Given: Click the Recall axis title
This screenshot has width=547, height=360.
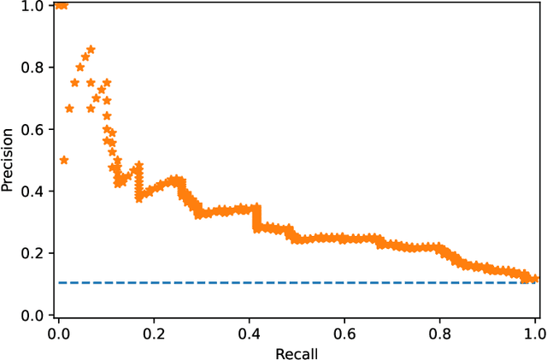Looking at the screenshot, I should tap(297, 351).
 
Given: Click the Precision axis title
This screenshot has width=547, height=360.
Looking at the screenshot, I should tap(8, 160).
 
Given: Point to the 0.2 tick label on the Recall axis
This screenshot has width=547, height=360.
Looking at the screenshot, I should tap(154, 332).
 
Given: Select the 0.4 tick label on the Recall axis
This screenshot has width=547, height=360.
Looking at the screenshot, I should tap(249, 332).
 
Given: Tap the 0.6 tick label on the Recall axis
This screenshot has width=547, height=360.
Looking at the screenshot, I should tap(344, 332).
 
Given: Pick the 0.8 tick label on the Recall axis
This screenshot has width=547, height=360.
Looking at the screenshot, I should tap(439, 332).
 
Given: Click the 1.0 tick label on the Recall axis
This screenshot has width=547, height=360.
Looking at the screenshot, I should tap(534, 332).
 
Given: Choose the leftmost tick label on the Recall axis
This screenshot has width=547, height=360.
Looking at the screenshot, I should tap(58, 332).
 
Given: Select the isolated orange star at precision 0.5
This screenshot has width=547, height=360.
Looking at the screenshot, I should tap(63, 160).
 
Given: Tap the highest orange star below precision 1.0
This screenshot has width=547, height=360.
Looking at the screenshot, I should tap(91, 50).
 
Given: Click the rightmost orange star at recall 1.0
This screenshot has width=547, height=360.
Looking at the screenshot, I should tap(534, 279).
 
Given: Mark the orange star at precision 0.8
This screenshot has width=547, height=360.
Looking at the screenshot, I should tap(80, 67).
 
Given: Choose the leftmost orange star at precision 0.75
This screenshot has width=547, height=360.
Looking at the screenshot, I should tap(74, 83).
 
